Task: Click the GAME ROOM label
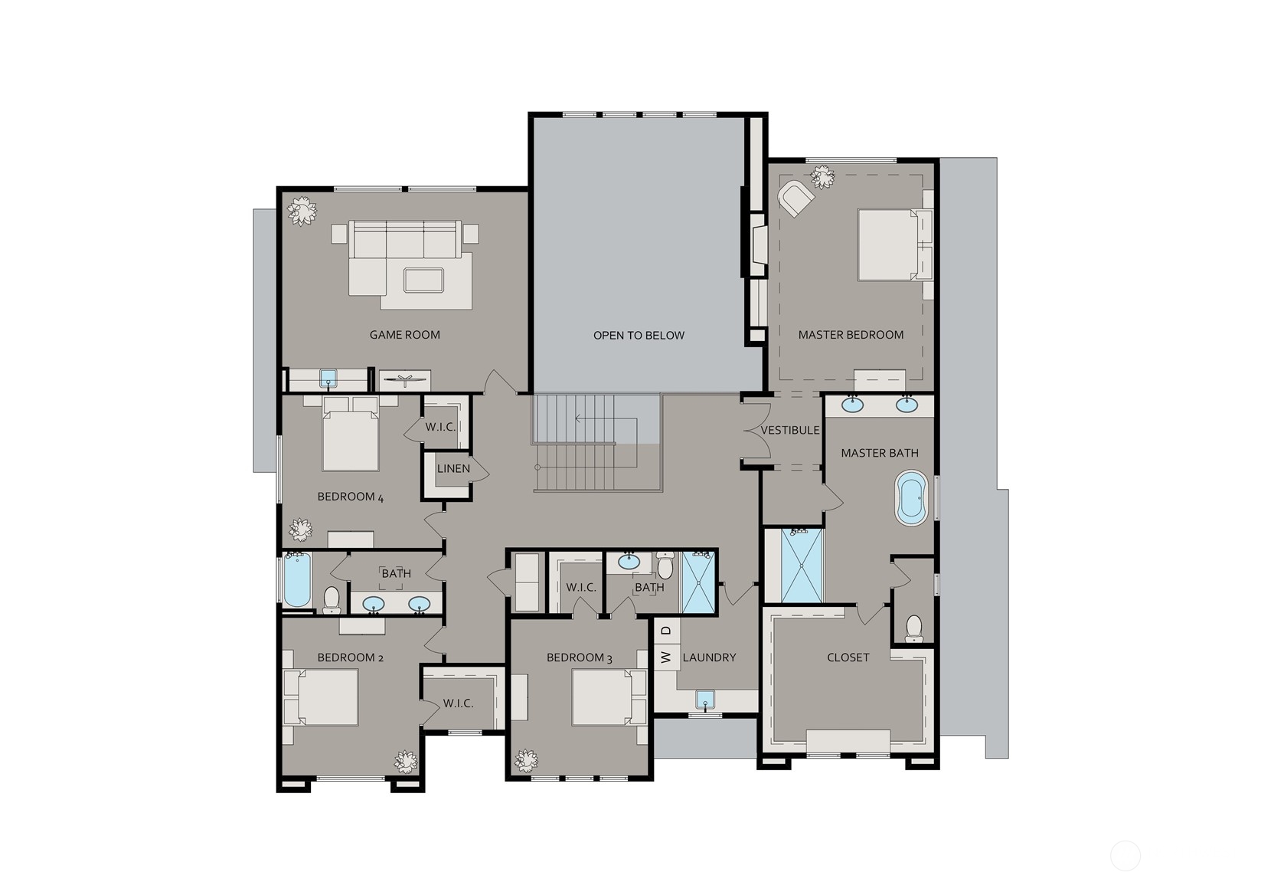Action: point(405,335)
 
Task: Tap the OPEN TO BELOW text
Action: point(639,336)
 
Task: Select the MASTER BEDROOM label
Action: point(851,335)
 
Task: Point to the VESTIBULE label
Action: point(790,431)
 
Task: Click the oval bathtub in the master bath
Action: point(911,498)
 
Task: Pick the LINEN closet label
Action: point(453,468)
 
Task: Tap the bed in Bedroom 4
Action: point(350,433)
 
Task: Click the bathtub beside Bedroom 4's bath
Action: point(296,580)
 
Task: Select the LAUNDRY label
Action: point(709,658)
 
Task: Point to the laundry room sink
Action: point(705,700)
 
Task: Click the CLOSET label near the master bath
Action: point(848,658)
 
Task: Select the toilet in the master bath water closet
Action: point(913,629)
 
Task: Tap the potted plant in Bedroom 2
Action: point(406,762)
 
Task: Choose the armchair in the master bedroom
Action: point(795,197)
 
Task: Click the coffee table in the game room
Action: point(424,280)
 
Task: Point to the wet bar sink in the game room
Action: point(328,378)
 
